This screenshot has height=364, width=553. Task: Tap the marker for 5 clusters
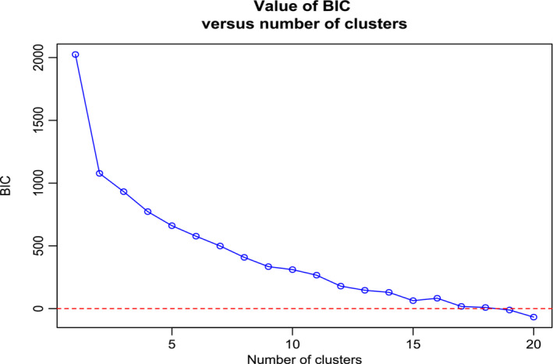(x=172, y=226)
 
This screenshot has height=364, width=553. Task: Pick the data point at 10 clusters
(x=292, y=269)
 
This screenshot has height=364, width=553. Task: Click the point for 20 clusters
(x=534, y=317)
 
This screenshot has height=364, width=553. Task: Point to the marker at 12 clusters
(x=341, y=286)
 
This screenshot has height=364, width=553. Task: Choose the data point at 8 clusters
(x=244, y=257)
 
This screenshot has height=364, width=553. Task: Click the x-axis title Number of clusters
(x=304, y=358)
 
